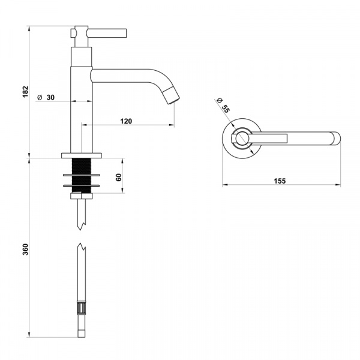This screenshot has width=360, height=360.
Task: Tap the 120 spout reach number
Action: point(126,121)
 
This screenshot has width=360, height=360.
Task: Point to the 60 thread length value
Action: point(118,177)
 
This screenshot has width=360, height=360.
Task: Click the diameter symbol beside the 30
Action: point(39,97)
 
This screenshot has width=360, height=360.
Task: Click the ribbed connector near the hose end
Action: point(81,310)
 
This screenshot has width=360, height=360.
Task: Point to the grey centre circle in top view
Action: point(241,139)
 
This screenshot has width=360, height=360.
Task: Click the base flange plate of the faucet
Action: point(82,155)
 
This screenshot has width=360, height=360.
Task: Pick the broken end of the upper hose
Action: point(81,225)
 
